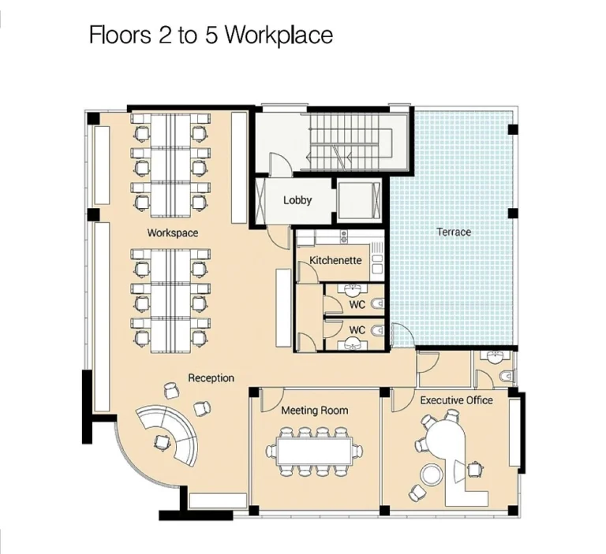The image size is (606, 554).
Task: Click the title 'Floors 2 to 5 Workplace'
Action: tap(211, 35)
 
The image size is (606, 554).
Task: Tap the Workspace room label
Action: tap(172, 233)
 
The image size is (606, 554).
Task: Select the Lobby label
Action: tap(297, 200)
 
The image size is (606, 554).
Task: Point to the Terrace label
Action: tap(454, 232)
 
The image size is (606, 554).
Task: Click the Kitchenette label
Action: tap(335, 260)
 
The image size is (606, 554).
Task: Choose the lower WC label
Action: tap(357, 329)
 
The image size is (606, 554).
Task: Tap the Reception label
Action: tap(211, 378)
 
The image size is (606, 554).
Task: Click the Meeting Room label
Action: tap(314, 411)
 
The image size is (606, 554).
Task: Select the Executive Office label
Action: tap(456, 400)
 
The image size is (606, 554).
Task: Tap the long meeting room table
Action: tap(314, 452)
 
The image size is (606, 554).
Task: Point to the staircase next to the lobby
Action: tap(347, 143)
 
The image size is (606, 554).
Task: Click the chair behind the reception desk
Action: tap(163, 441)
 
